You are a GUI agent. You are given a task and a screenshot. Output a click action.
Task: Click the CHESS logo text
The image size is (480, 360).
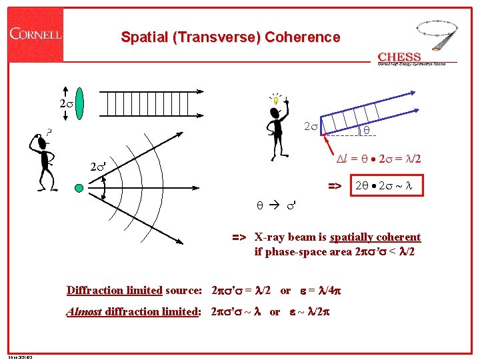pos(399,57)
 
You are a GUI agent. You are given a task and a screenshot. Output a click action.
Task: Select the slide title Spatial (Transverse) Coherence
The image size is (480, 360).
pos(230,37)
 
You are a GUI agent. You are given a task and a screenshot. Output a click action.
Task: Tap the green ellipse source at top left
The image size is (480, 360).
pos(79,105)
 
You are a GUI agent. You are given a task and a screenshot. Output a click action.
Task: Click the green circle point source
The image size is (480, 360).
pos(79,189)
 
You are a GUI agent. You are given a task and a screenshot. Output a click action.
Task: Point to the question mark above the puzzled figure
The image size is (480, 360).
pos(49,131)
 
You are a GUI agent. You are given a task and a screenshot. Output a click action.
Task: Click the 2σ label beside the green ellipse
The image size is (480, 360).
pos(65,105)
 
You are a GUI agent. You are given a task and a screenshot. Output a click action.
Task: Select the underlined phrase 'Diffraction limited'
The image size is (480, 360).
pos(115,290)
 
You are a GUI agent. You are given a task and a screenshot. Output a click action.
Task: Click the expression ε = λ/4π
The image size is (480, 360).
pos(327,290)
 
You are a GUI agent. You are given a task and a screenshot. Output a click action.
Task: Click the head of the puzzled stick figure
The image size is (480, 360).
pos(42,143)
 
